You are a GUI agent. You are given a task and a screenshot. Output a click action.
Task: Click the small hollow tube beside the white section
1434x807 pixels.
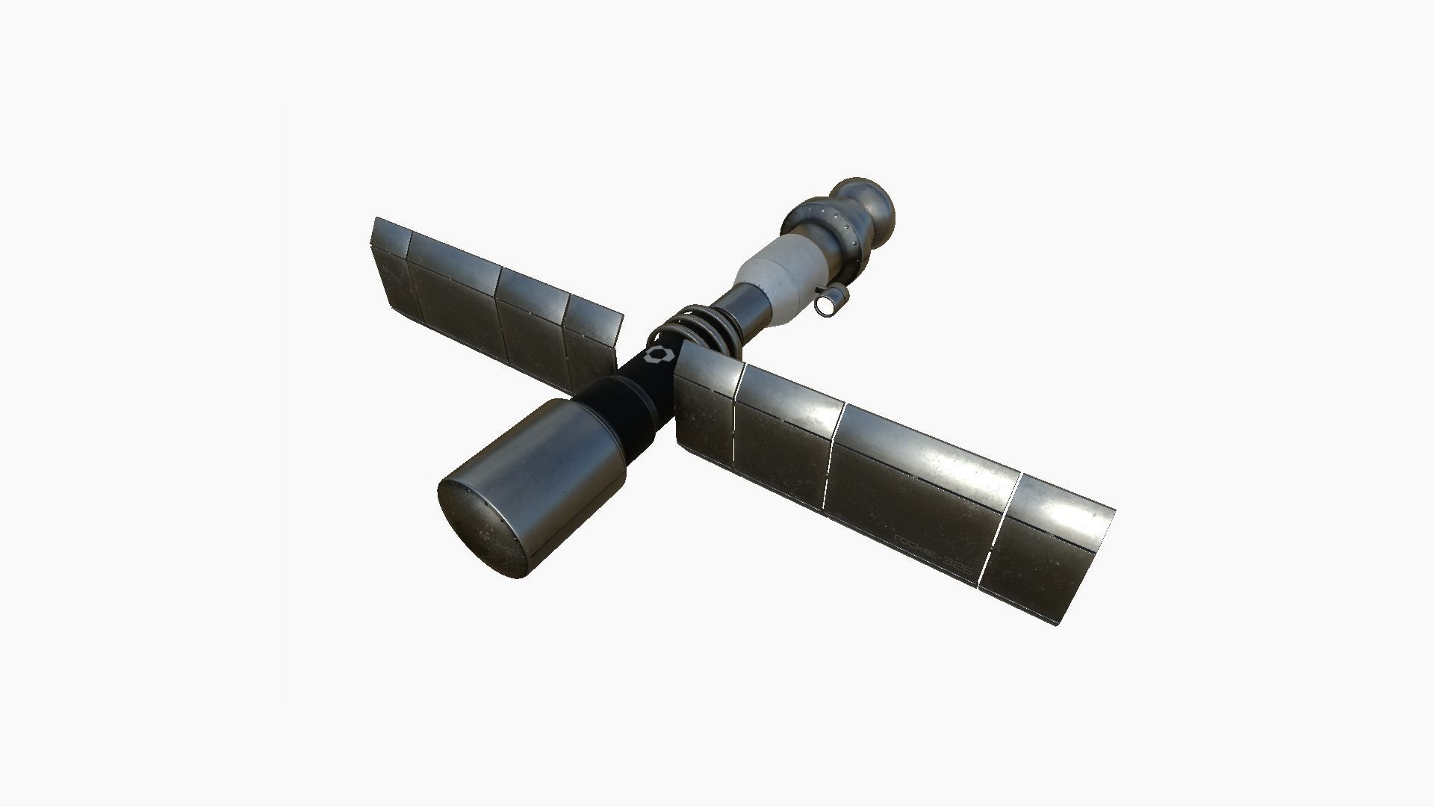(x=831, y=302)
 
